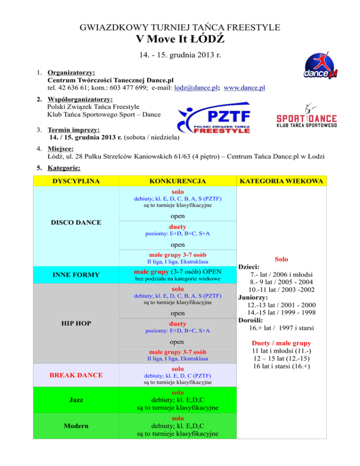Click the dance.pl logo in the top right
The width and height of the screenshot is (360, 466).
[320, 65]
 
